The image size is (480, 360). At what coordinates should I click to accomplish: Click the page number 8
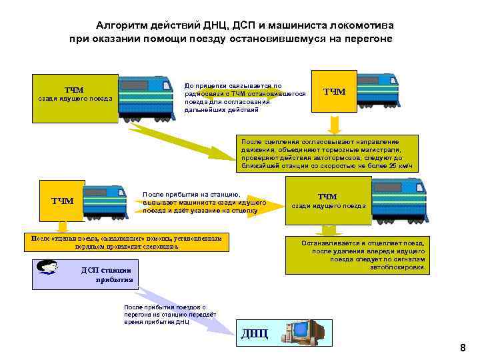pos(463,348)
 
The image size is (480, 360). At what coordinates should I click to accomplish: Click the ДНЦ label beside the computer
pos(255,333)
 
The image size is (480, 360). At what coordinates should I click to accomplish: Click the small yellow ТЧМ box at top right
pos(334,91)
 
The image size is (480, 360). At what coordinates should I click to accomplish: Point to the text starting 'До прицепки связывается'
pos(245,97)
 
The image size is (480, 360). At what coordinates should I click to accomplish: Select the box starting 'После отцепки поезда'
pos(127,242)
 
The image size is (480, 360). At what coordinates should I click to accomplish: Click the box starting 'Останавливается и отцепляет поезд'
pos(359,256)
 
